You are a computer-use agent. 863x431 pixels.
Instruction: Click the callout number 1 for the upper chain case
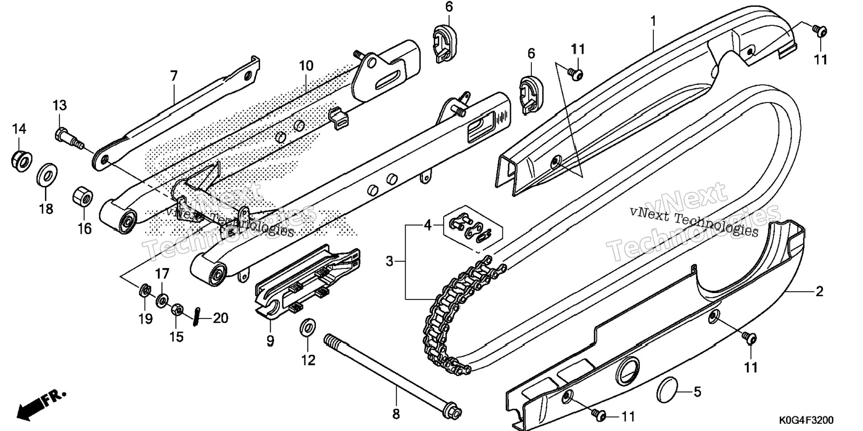(x=653, y=21)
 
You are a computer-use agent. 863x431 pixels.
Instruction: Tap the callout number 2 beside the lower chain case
(x=819, y=292)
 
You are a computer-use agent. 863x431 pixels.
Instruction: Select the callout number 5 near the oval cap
(x=697, y=392)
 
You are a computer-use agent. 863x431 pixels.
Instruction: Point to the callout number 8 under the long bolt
(x=396, y=414)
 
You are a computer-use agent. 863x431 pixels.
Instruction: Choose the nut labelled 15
(x=176, y=310)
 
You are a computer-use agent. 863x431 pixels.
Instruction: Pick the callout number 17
(x=162, y=274)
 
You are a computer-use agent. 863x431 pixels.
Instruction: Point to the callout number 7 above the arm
(x=174, y=76)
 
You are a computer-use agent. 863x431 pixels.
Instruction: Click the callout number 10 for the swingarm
(x=306, y=66)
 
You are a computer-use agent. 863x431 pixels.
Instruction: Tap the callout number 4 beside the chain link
(x=427, y=226)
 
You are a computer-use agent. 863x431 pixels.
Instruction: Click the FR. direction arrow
(x=41, y=404)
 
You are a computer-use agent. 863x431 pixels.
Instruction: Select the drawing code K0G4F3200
(x=805, y=420)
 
